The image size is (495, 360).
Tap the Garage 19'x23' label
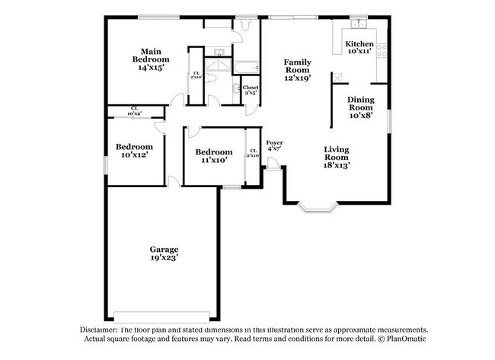click(163, 253)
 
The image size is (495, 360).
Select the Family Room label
click(299, 69)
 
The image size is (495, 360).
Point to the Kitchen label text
click(359, 45)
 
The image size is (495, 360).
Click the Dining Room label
click(360, 107)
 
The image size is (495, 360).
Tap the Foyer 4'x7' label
click(274, 145)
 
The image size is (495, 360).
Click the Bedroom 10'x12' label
click(134, 151)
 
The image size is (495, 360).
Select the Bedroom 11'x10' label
click(212, 155)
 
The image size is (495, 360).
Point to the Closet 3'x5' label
click(250, 90)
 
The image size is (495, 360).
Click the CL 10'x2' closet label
click(134, 111)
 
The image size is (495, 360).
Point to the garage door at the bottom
click(161, 314)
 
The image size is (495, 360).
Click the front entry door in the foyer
click(272, 165)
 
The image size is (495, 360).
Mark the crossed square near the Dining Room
click(336, 77)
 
